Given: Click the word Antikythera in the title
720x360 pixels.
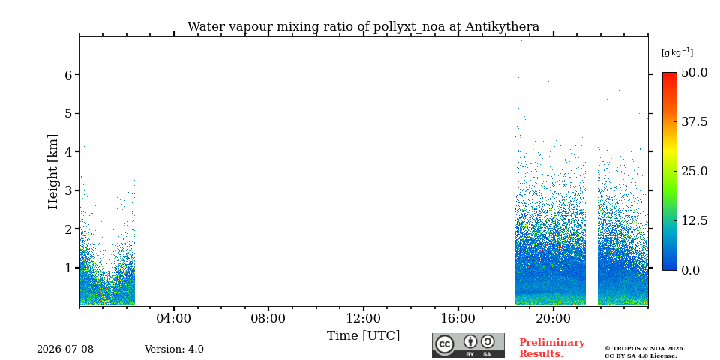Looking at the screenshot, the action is point(502,27).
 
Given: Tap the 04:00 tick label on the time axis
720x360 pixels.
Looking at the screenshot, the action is point(174,318).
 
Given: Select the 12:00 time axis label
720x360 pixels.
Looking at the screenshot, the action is point(364,318).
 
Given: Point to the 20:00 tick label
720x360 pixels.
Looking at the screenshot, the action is point(553,318).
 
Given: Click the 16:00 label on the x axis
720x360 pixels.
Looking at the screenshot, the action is point(458,318).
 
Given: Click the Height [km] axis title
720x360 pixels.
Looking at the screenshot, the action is point(53,172).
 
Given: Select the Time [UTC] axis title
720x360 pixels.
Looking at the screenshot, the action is point(363,336).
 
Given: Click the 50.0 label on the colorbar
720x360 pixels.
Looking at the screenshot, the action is point(694,72).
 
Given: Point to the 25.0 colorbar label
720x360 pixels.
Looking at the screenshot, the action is point(694,171).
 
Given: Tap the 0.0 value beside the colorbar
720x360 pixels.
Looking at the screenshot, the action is point(691,270).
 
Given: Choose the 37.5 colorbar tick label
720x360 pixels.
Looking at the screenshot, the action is point(694,121).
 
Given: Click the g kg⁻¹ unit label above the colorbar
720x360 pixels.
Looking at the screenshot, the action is point(677,52).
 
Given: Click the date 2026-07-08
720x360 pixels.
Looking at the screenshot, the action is point(65,349).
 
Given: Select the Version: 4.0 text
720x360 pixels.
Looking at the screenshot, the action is point(174,349).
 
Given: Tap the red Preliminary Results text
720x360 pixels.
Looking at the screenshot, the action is point(552,348).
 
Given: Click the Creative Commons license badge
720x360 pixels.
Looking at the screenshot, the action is point(468,345).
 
